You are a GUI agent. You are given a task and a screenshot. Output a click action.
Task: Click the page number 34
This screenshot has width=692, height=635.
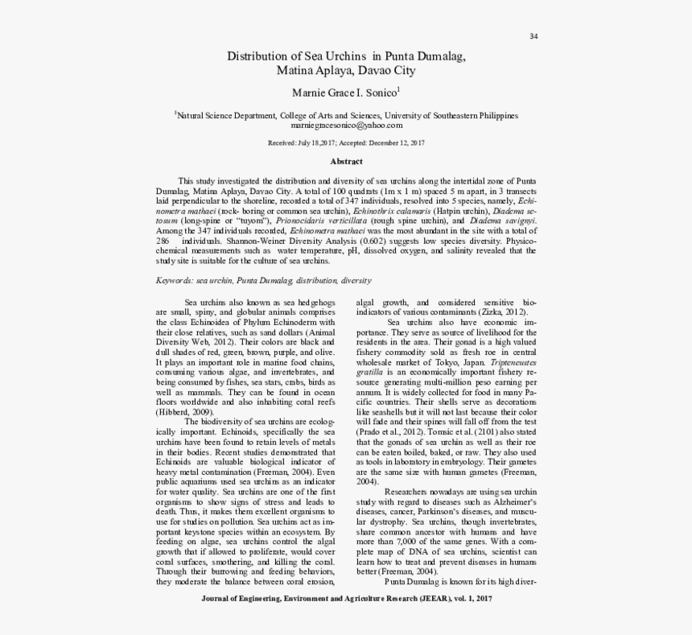click(x=533, y=37)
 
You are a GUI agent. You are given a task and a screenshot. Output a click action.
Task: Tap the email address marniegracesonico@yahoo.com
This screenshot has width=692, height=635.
click(x=346, y=126)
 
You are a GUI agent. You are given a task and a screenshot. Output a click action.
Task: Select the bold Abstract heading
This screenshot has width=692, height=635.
click(x=346, y=162)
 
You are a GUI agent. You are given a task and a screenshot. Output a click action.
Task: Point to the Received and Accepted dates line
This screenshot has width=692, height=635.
click(x=346, y=142)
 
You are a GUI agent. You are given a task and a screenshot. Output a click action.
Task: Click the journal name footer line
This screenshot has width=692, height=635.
click(x=346, y=599)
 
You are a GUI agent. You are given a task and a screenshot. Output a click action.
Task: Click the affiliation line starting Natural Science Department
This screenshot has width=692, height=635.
click(x=347, y=115)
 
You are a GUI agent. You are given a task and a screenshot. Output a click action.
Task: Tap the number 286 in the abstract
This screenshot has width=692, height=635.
click(x=163, y=241)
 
